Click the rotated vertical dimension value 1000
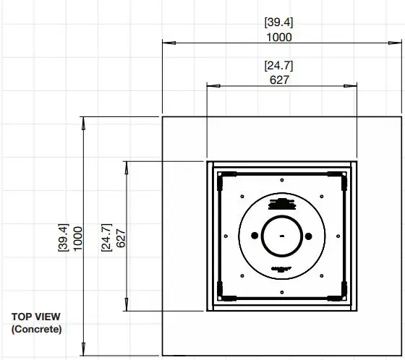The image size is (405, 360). tap(78, 236)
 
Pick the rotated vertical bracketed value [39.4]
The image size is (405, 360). tap(63, 236)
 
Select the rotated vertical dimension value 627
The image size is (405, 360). tap(121, 236)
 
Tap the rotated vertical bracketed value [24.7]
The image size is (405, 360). tap(106, 236)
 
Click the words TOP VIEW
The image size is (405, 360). tap(36, 317)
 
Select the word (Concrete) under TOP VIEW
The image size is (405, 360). tap(37, 329)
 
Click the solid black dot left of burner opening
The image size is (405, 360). tap(255, 236)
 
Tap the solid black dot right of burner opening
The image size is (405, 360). tap(309, 236)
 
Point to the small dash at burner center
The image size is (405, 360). tap(282, 236)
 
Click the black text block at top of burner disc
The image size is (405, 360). tap(282, 202)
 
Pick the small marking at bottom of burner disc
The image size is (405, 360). tap(282, 269)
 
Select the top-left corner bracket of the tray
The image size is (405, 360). tap(223, 176)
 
